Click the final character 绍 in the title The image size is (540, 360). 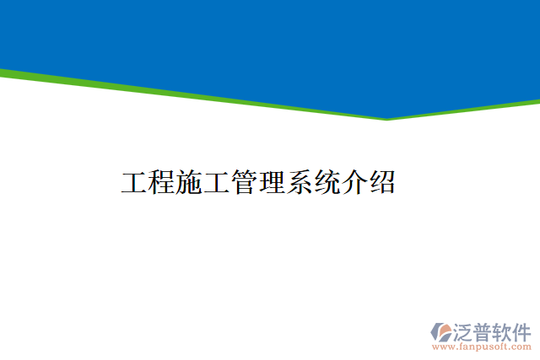coord(382,182)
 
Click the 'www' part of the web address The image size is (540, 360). coord(441,347)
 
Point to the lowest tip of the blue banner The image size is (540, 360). coord(387,117)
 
